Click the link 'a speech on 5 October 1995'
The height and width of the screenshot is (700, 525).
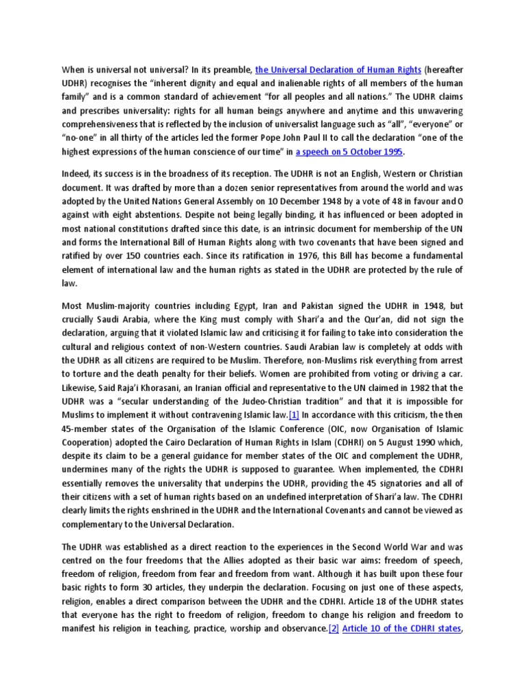coord(349,151)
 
